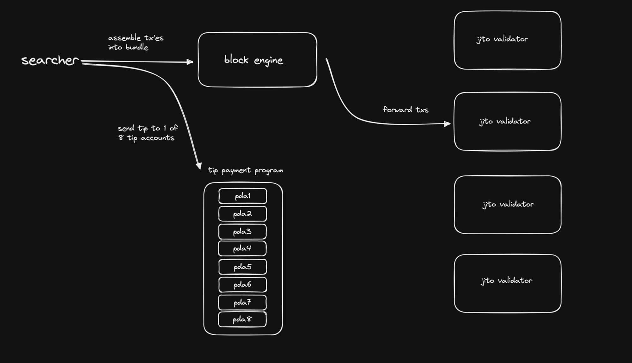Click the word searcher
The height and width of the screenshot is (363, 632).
[x=50, y=60]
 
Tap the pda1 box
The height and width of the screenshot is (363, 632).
[x=242, y=196]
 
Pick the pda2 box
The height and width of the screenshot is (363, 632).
[x=242, y=214]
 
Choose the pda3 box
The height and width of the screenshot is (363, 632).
[x=242, y=232]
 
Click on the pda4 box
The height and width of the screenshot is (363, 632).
[x=242, y=249]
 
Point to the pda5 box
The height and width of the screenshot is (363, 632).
[x=242, y=267]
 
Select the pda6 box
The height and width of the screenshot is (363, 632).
[x=242, y=285]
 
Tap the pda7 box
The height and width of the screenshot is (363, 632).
[x=242, y=302]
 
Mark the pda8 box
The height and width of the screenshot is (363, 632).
[x=242, y=319]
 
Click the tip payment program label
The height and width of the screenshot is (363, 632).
[x=245, y=171]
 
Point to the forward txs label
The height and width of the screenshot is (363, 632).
[x=406, y=110]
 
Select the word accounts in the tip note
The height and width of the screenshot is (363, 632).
[x=157, y=138]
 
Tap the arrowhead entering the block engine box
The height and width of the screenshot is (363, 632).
[x=190, y=62]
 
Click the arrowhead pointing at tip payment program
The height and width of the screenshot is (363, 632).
[x=199, y=166]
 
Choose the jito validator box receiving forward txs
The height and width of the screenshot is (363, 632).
[x=507, y=121]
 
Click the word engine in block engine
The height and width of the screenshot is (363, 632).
[x=269, y=60]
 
